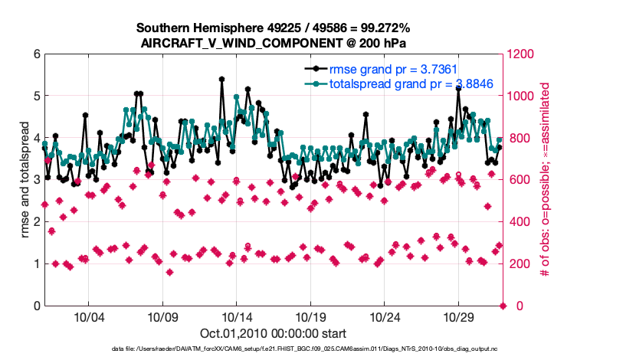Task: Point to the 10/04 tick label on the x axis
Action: click(88, 316)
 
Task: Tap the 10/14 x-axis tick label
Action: click(236, 316)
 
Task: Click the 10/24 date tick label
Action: click(385, 316)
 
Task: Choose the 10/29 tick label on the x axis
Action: click(459, 316)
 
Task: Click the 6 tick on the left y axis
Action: click(37, 54)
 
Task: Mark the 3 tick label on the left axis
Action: click(37, 180)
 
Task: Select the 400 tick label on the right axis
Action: click(518, 222)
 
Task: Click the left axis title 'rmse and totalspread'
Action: click(25, 180)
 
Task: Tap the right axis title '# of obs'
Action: click(546, 180)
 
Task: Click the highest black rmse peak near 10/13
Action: click(221, 79)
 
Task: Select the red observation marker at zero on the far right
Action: click(503, 306)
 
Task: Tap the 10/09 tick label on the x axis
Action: click(162, 316)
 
